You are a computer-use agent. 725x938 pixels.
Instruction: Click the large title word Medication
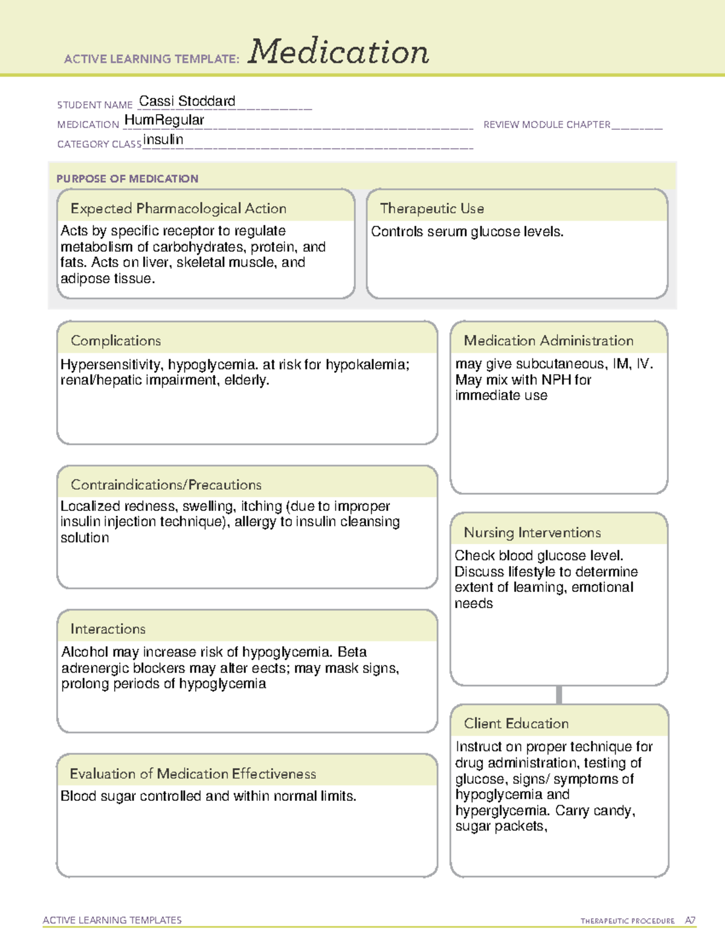tap(338, 52)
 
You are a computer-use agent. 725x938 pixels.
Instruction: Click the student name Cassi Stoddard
tap(187, 101)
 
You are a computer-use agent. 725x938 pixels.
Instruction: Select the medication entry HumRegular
tap(164, 120)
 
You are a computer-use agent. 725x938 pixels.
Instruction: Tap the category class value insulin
tap(163, 140)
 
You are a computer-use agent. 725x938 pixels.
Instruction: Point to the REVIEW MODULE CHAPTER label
tap(547, 124)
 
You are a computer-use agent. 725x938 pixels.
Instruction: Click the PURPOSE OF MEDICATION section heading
tap(127, 179)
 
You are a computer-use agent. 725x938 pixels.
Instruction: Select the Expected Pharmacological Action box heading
tap(178, 208)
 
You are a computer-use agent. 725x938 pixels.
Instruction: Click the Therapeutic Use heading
tap(431, 208)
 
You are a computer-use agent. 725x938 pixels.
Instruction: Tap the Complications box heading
tap(115, 341)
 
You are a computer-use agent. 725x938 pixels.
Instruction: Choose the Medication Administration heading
tap(548, 341)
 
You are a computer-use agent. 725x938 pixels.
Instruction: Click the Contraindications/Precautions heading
tap(166, 484)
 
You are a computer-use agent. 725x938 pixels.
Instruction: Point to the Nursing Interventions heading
tap(532, 533)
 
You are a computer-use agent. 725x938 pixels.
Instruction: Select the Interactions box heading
tap(108, 629)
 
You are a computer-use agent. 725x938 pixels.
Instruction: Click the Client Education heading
tap(516, 724)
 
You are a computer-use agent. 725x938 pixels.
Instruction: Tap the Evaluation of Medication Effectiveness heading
tap(193, 774)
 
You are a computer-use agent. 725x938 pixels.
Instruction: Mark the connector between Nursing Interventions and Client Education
tap(559, 695)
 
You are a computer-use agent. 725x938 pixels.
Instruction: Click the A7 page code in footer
tap(690, 920)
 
